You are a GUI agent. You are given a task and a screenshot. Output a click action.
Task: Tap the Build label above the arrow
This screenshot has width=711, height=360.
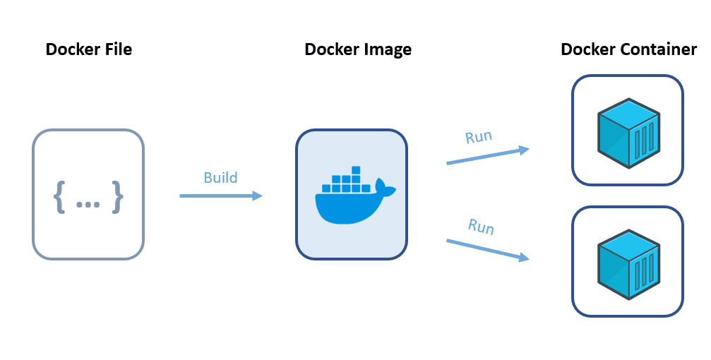point(220,177)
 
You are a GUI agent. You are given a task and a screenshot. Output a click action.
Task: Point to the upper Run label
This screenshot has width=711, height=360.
point(479,136)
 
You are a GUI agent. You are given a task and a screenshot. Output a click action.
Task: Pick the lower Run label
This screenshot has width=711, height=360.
point(481,227)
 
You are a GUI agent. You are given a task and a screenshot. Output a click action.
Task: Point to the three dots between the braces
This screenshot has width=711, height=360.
point(88,204)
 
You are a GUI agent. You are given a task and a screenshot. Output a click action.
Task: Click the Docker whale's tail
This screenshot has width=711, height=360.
point(386,187)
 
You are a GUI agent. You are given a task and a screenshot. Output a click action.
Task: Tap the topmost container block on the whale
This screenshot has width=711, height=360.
point(356,171)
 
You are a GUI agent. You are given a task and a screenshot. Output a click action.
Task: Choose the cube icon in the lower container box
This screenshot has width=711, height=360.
point(628,261)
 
